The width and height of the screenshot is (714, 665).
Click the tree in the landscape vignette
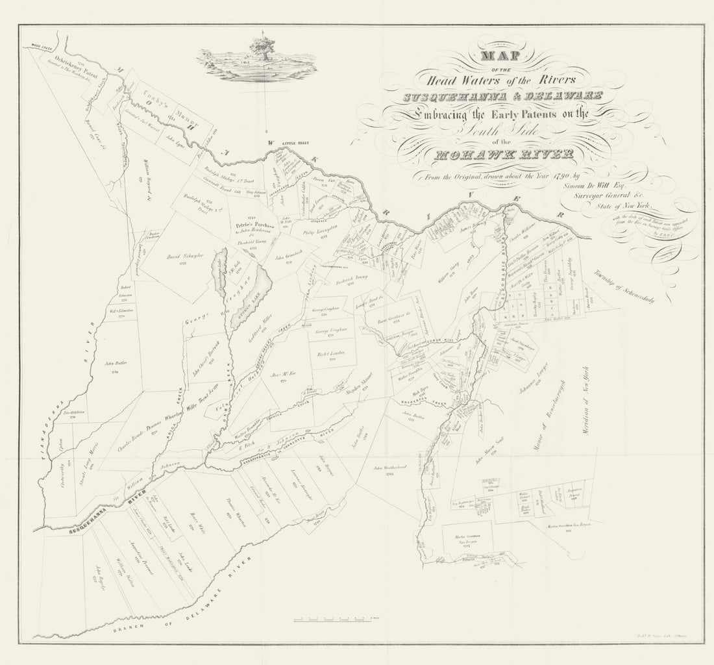(x=262, y=48)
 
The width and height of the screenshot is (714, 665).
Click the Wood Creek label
(x=40, y=47)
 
